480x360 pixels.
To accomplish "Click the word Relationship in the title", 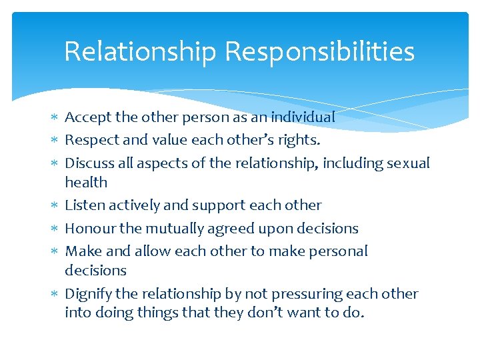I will [140, 52].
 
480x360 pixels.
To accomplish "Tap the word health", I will [86, 182].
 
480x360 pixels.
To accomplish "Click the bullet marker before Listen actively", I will [54, 205].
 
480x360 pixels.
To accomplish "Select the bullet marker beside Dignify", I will [54, 294].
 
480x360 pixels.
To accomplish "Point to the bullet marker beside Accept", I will [54, 117].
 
